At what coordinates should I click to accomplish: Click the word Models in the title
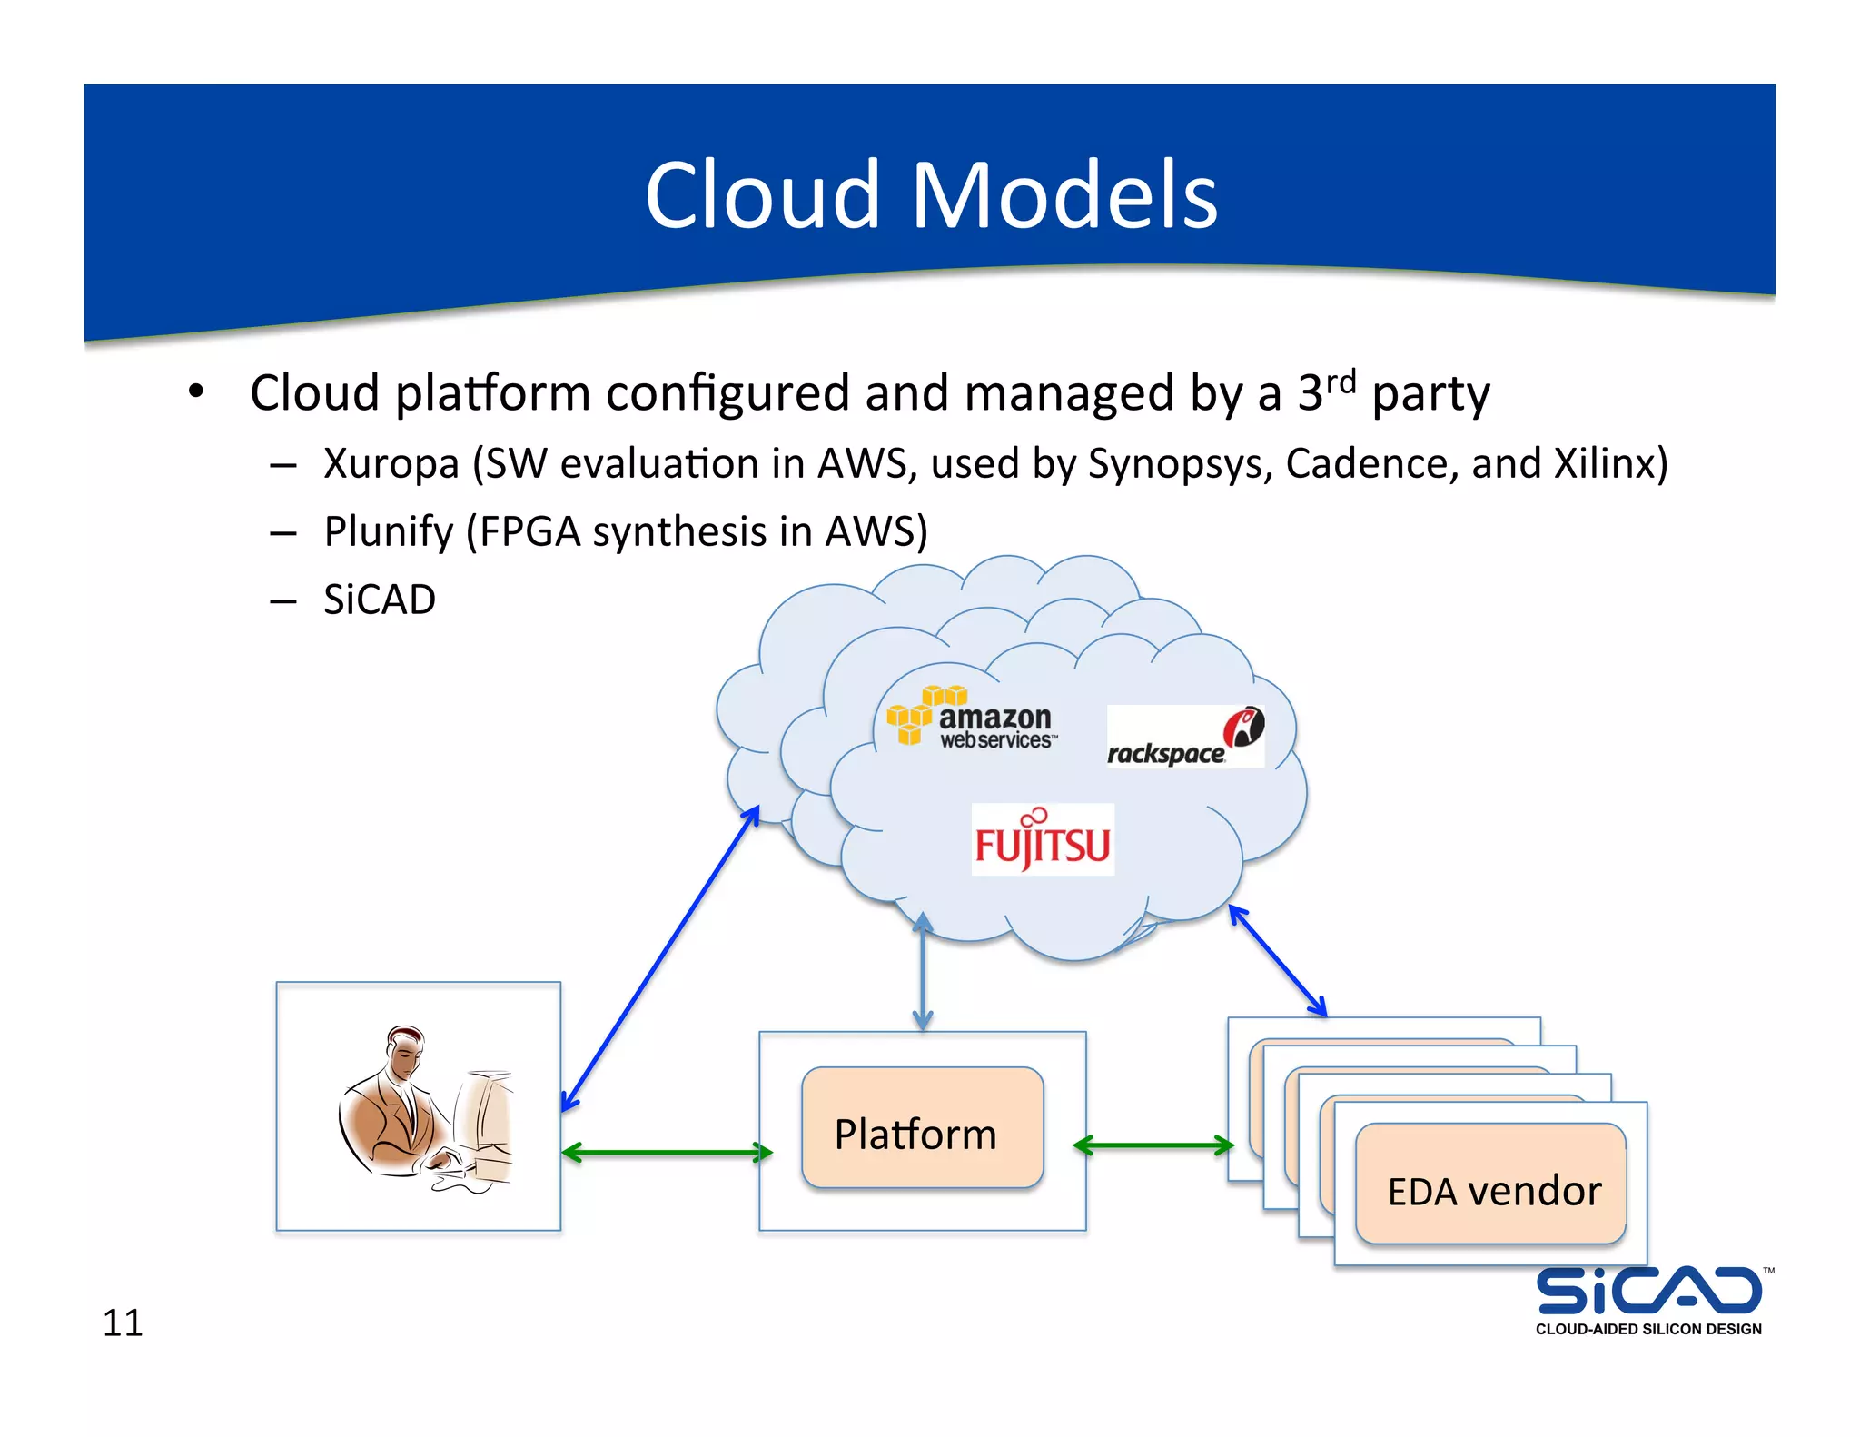[x=1064, y=195]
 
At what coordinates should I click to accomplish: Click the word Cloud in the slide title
[x=762, y=195]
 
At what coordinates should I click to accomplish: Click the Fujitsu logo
[x=1042, y=840]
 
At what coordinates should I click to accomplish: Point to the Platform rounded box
[x=922, y=1128]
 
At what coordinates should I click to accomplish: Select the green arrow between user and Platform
[x=667, y=1153]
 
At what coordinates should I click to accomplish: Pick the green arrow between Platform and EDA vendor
[x=1153, y=1145]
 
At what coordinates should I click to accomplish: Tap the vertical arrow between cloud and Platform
[x=923, y=972]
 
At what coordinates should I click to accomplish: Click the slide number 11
[x=123, y=1323]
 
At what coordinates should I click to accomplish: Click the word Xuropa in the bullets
[x=391, y=464]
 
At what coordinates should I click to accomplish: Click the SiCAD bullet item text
[x=380, y=600]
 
